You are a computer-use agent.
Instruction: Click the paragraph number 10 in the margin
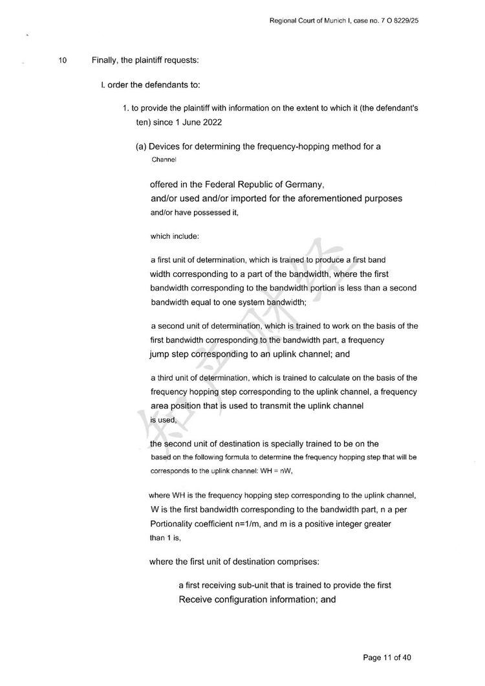click(x=63, y=61)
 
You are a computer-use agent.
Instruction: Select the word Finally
click(x=106, y=61)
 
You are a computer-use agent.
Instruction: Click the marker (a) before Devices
click(x=141, y=147)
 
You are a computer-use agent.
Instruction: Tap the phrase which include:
click(x=170, y=236)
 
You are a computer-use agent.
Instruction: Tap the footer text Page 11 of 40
click(x=387, y=658)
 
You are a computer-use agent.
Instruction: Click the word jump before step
click(x=160, y=355)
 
